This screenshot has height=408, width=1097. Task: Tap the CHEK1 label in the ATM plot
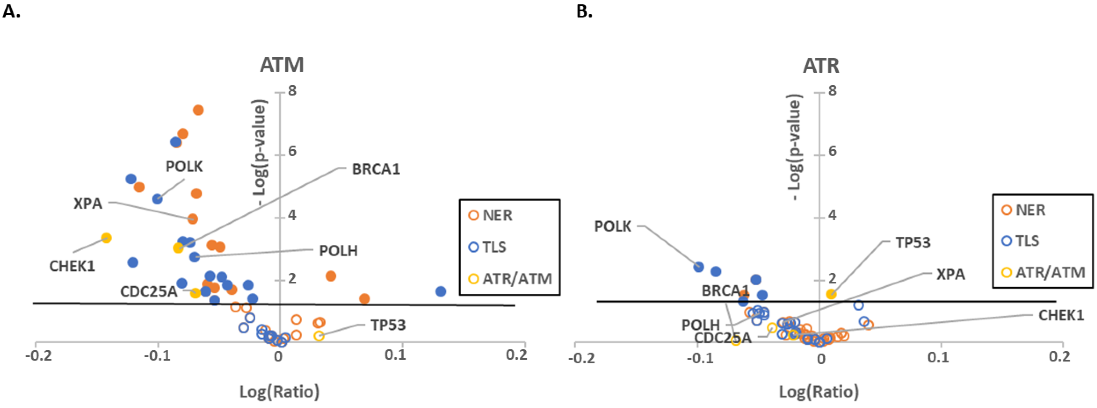click(x=72, y=266)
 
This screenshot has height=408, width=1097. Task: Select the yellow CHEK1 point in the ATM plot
click(x=107, y=238)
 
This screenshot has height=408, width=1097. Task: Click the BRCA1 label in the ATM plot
click(x=376, y=169)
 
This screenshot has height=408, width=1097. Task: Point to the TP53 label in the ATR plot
click(x=913, y=243)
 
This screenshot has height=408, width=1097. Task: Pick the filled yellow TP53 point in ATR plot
click(x=831, y=294)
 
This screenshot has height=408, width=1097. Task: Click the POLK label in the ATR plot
click(x=612, y=226)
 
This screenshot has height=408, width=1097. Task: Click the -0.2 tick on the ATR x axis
click(x=581, y=357)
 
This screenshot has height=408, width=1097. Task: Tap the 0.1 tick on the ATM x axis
click(x=395, y=354)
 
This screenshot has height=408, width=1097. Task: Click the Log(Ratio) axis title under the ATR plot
click(x=818, y=391)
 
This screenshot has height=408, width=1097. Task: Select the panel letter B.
click(x=584, y=11)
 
